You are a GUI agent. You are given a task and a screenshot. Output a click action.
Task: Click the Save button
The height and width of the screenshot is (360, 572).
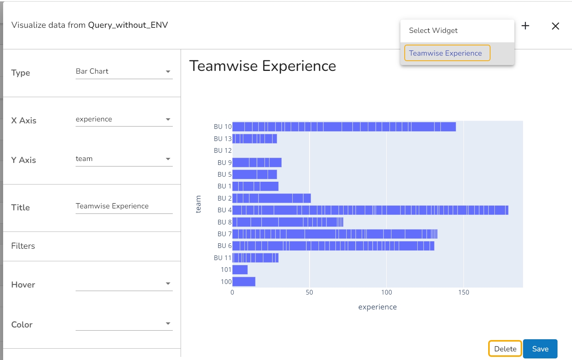coord(540,349)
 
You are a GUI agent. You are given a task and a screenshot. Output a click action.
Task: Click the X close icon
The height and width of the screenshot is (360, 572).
coord(555,26)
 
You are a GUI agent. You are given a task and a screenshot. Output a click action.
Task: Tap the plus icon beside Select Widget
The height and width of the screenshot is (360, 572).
coord(525,26)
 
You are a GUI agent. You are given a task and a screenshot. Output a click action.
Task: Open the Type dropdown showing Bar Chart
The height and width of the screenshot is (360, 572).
coord(124,72)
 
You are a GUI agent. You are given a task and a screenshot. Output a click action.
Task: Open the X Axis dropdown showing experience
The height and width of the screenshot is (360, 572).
coord(124,119)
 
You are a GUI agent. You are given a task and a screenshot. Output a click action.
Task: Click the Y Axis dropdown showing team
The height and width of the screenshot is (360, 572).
coord(124,159)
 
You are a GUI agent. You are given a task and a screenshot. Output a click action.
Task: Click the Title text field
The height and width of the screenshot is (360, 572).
coord(124,206)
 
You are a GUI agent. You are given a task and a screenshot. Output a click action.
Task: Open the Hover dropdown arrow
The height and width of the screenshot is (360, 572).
coord(168,284)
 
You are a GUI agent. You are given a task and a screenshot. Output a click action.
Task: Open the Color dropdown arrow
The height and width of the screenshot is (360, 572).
coord(168,324)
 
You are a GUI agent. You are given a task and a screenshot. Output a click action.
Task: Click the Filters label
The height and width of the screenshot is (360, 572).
coord(23,246)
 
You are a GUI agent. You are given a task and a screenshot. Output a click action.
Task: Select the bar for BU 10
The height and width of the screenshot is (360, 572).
coord(344,127)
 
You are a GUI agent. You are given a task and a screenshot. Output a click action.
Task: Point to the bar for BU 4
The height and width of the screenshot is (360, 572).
coord(370,210)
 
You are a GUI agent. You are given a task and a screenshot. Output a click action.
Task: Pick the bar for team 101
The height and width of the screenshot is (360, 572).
coord(240,270)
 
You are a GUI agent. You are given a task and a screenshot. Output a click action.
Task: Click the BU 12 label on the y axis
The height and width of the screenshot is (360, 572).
coord(223,150)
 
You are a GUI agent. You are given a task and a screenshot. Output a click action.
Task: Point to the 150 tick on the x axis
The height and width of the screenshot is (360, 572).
coord(463,292)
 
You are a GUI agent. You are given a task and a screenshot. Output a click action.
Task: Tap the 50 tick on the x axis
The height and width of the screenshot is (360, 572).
coord(309,292)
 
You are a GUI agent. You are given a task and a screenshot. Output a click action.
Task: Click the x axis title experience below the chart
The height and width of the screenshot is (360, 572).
coord(377,307)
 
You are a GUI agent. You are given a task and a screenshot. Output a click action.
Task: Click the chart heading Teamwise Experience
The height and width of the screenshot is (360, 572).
coord(262,66)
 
